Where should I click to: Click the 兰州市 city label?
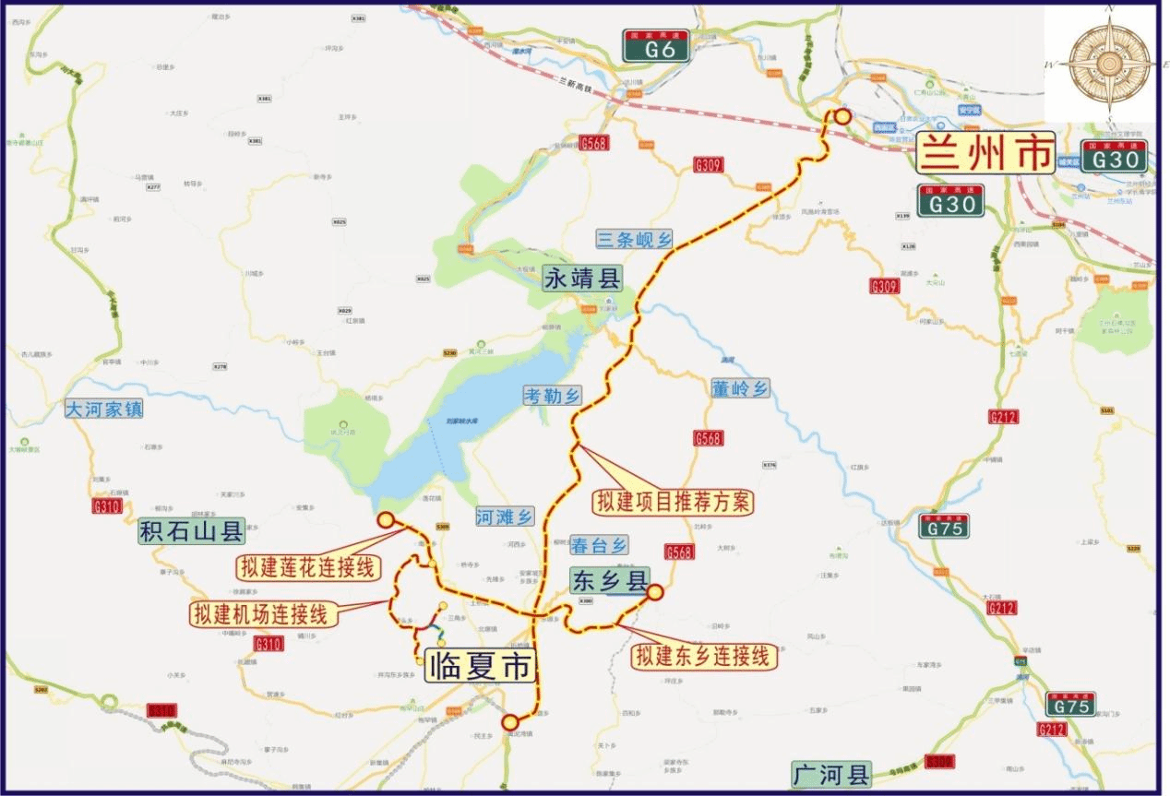tap(985, 154)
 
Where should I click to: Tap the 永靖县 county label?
tap(582, 278)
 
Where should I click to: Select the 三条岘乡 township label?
tap(636, 240)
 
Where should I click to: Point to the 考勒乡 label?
tap(552, 395)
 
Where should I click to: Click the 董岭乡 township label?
tap(740, 389)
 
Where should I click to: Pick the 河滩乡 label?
tap(506, 517)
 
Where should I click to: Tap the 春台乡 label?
tap(599, 544)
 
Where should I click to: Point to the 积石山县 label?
tap(192, 531)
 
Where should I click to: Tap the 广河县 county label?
tap(830, 773)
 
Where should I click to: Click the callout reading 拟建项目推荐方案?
tap(674, 503)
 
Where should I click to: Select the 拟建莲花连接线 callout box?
tap(308, 567)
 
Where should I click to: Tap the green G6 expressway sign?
tap(655, 47)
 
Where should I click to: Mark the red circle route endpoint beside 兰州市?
tap(842, 116)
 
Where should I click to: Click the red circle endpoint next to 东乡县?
tap(654, 592)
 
